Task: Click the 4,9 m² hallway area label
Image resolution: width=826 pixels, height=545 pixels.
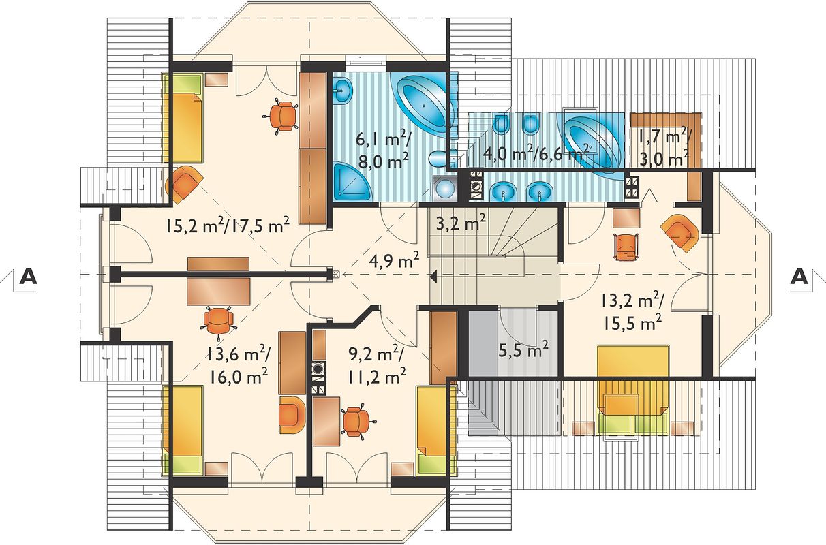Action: [394, 261]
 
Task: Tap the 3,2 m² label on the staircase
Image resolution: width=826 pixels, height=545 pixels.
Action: [461, 222]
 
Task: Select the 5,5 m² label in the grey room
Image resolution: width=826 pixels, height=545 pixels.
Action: [523, 349]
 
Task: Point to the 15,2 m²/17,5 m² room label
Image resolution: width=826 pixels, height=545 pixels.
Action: [227, 225]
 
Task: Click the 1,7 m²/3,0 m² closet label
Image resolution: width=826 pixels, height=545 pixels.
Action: [665, 147]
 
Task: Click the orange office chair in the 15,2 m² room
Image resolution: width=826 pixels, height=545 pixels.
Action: [281, 115]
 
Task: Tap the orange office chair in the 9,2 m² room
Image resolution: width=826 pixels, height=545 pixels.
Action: [356, 422]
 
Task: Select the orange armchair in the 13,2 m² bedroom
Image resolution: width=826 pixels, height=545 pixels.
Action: [680, 232]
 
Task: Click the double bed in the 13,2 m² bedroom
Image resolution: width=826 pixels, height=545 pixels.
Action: [632, 390]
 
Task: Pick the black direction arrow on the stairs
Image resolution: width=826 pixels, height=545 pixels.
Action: [433, 276]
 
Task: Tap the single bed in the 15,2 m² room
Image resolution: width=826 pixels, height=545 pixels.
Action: [183, 118]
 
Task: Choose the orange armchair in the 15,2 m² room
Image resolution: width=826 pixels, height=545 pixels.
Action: [185, 184]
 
